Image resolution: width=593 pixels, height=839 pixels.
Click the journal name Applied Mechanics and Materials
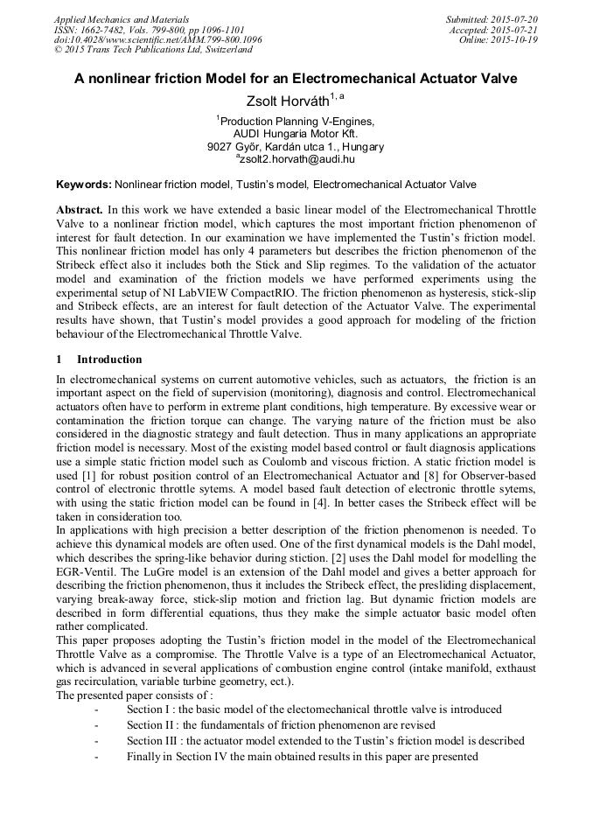coord(122,19)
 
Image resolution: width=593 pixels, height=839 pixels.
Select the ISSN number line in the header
coord(149,30)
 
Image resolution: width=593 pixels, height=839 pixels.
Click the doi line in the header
coord(158,40)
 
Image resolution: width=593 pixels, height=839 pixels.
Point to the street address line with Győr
coord(296,147)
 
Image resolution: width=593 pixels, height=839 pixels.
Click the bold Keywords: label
coord(84,185)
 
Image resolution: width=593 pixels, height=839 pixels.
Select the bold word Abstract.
coord(79,211)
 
